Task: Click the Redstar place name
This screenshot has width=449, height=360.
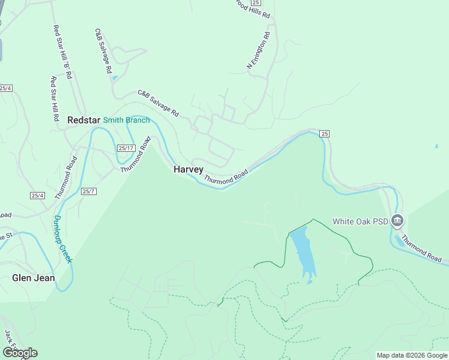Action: [x=83, y=120]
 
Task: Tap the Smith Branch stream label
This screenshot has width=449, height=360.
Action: [x=126, y=120]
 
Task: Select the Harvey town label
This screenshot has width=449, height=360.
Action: [x=188, y=169]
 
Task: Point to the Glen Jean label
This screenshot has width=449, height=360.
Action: [x=34, y=278]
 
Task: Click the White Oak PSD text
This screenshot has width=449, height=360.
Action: [x=361, y=221]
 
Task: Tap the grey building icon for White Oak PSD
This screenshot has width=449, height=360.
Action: [x=397, y=221]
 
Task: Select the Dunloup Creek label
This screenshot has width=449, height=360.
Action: [x=62, y=239]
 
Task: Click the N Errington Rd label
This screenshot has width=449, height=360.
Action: [x=259, y=50]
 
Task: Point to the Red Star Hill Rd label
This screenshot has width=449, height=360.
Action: [x=54, y=99]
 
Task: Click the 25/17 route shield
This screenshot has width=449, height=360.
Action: [x=125, y=148]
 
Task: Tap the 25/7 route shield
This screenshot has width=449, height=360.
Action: [x=89, y=191]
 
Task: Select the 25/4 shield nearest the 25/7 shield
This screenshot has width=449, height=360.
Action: [x=37, y=196]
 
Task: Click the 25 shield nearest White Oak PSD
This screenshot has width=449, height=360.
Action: [x=325, y=133]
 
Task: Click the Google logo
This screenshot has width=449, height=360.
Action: [x=20, y=353]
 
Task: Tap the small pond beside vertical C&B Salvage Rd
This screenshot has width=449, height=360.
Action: [x=115, y=78]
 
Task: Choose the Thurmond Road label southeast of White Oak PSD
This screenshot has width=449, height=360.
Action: [x=422, y=248]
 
